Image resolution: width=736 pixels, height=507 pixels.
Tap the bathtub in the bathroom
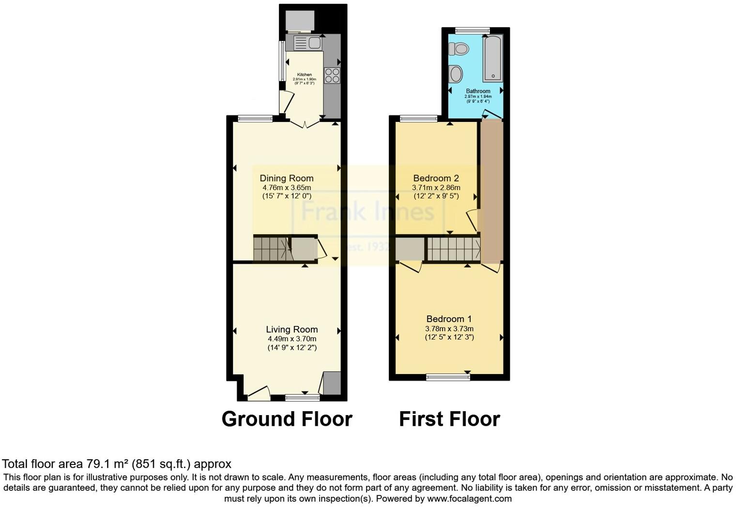(x=493, y=58)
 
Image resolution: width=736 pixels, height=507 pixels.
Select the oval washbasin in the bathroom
(x=456, y=74)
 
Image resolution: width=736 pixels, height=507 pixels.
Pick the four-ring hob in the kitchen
(x=332, y=75)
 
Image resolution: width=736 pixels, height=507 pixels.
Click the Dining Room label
(x=287, y=178)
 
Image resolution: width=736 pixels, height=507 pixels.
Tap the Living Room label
(x=292, y=329)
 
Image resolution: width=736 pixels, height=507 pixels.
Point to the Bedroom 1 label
(x=449, y=319)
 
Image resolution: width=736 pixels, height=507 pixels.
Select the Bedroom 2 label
(x=436, y=178)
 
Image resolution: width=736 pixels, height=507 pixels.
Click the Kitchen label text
(x=305, y=75)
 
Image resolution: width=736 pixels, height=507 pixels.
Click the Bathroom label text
(x=478, y=91)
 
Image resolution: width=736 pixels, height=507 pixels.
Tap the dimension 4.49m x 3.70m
(x=292, y=339)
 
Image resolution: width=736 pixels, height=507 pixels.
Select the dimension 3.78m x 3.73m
(x=449, y=328)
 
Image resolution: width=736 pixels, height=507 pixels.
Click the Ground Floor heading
(x=287, y=419)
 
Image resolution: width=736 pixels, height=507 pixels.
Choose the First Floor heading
(x=449, y=419)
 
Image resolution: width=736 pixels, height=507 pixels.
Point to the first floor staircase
(x=453, y=249)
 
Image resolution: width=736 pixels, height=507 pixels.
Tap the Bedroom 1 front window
(x=448, y=377)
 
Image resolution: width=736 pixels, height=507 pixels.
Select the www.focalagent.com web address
(x=469, y=498)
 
